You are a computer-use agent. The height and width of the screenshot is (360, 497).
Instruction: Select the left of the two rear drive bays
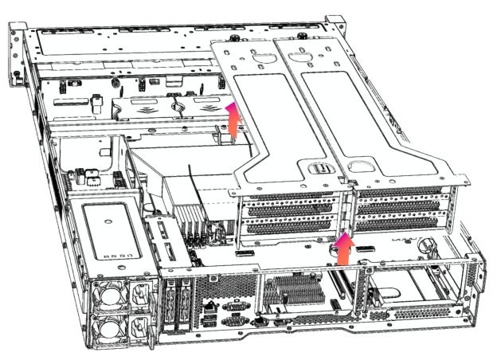[x=168, y=302]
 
